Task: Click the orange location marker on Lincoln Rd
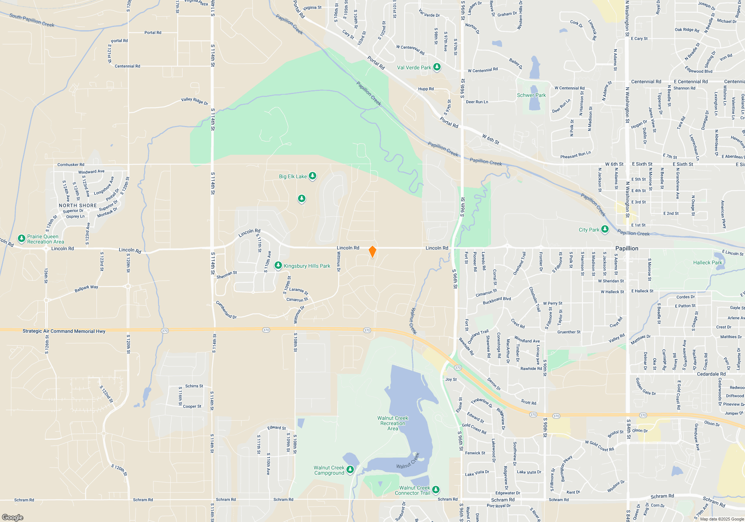pos(372,252)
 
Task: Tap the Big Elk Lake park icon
pos(313,176)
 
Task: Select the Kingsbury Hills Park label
pos(307,266)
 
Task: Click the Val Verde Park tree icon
pos(437,67)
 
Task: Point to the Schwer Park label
pos(531,95)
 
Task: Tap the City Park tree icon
pos(605,229)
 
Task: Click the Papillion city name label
pos(627,248)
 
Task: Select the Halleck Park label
pos(707,262)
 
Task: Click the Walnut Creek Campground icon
pos(350,469)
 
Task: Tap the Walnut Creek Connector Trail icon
pos(436,489)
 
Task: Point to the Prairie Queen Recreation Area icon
pos(22,238)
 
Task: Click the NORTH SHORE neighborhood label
pos(78,205)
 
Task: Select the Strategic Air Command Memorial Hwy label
pos(64,331)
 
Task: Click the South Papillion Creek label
pos(32,20)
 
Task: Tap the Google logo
pos(13,517)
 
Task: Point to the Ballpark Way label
pos(86,289)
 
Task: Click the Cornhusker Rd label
pos(71,164)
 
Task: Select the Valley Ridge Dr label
pos(194,101)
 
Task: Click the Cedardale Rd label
pos(711,374)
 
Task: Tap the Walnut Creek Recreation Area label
pos(393,423)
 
